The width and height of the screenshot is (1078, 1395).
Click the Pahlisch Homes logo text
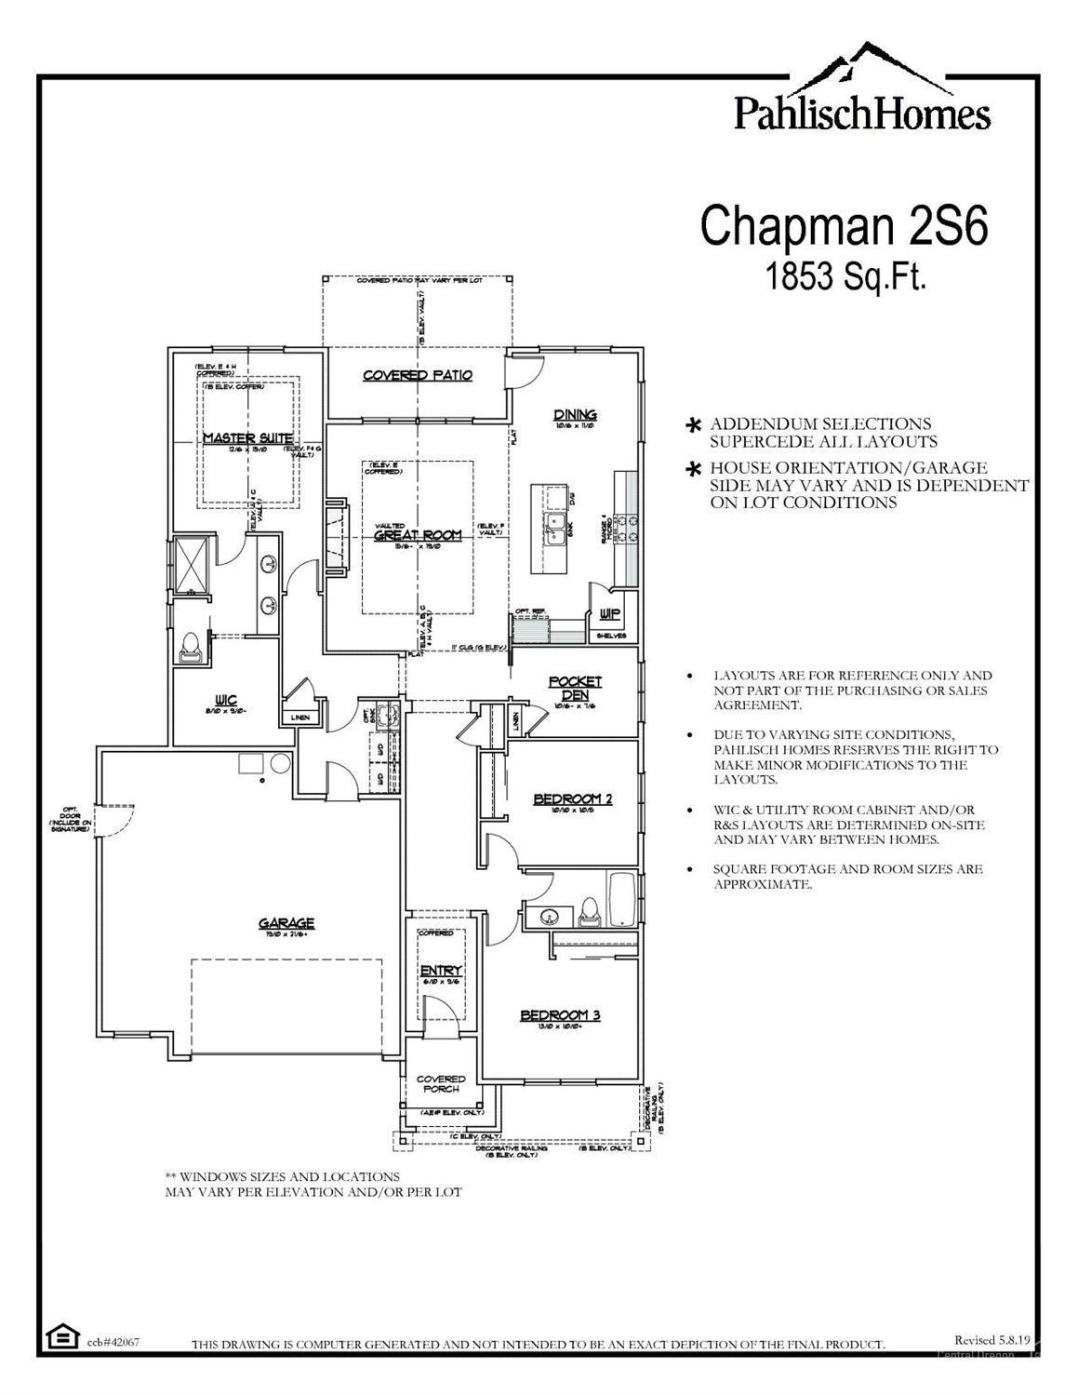click(x=861, y=114)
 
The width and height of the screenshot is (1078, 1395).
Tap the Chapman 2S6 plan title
click(x=843, y=226)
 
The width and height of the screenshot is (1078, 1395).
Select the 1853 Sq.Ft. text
click(x=845, y=275)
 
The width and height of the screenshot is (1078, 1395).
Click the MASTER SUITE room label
click(x=247, y=437)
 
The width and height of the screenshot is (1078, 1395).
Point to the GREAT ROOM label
click(x=418, y=535)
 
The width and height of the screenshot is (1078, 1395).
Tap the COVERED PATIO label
click(x=418, y=375)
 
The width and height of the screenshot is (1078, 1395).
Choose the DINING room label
click(x=575, y=415)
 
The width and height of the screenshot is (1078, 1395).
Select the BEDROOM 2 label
click(x=572, y=798)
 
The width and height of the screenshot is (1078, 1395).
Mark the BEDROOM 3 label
click(x=560, y=1014)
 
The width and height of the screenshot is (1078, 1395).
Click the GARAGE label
click(x=286, y=923)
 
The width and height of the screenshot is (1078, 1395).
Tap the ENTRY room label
click(x=441, y=971)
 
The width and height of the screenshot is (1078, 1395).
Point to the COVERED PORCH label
click(x=441, y=1084)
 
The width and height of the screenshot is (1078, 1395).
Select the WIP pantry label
click(x=610, y=613)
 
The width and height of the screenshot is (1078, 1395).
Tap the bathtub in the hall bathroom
click(x=621, y=900)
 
